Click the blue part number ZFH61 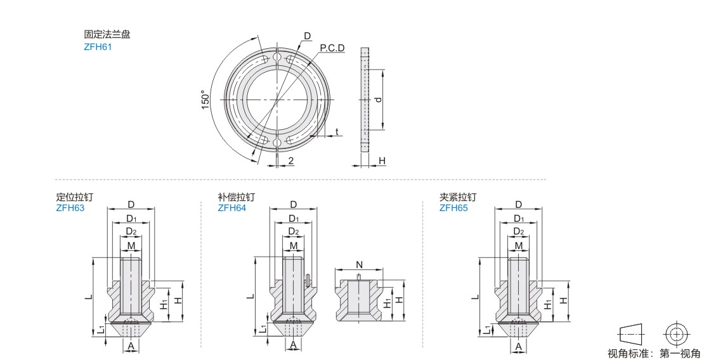point(98,47)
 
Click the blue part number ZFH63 point(70,208)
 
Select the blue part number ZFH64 point(231,208)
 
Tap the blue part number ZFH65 point(453,208)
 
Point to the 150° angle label point(205,100)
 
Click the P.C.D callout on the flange point(332,48)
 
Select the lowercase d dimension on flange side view point(379,100)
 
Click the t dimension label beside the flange point(337,132)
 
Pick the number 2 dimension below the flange point(291,161)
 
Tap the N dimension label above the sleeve point(359,265)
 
